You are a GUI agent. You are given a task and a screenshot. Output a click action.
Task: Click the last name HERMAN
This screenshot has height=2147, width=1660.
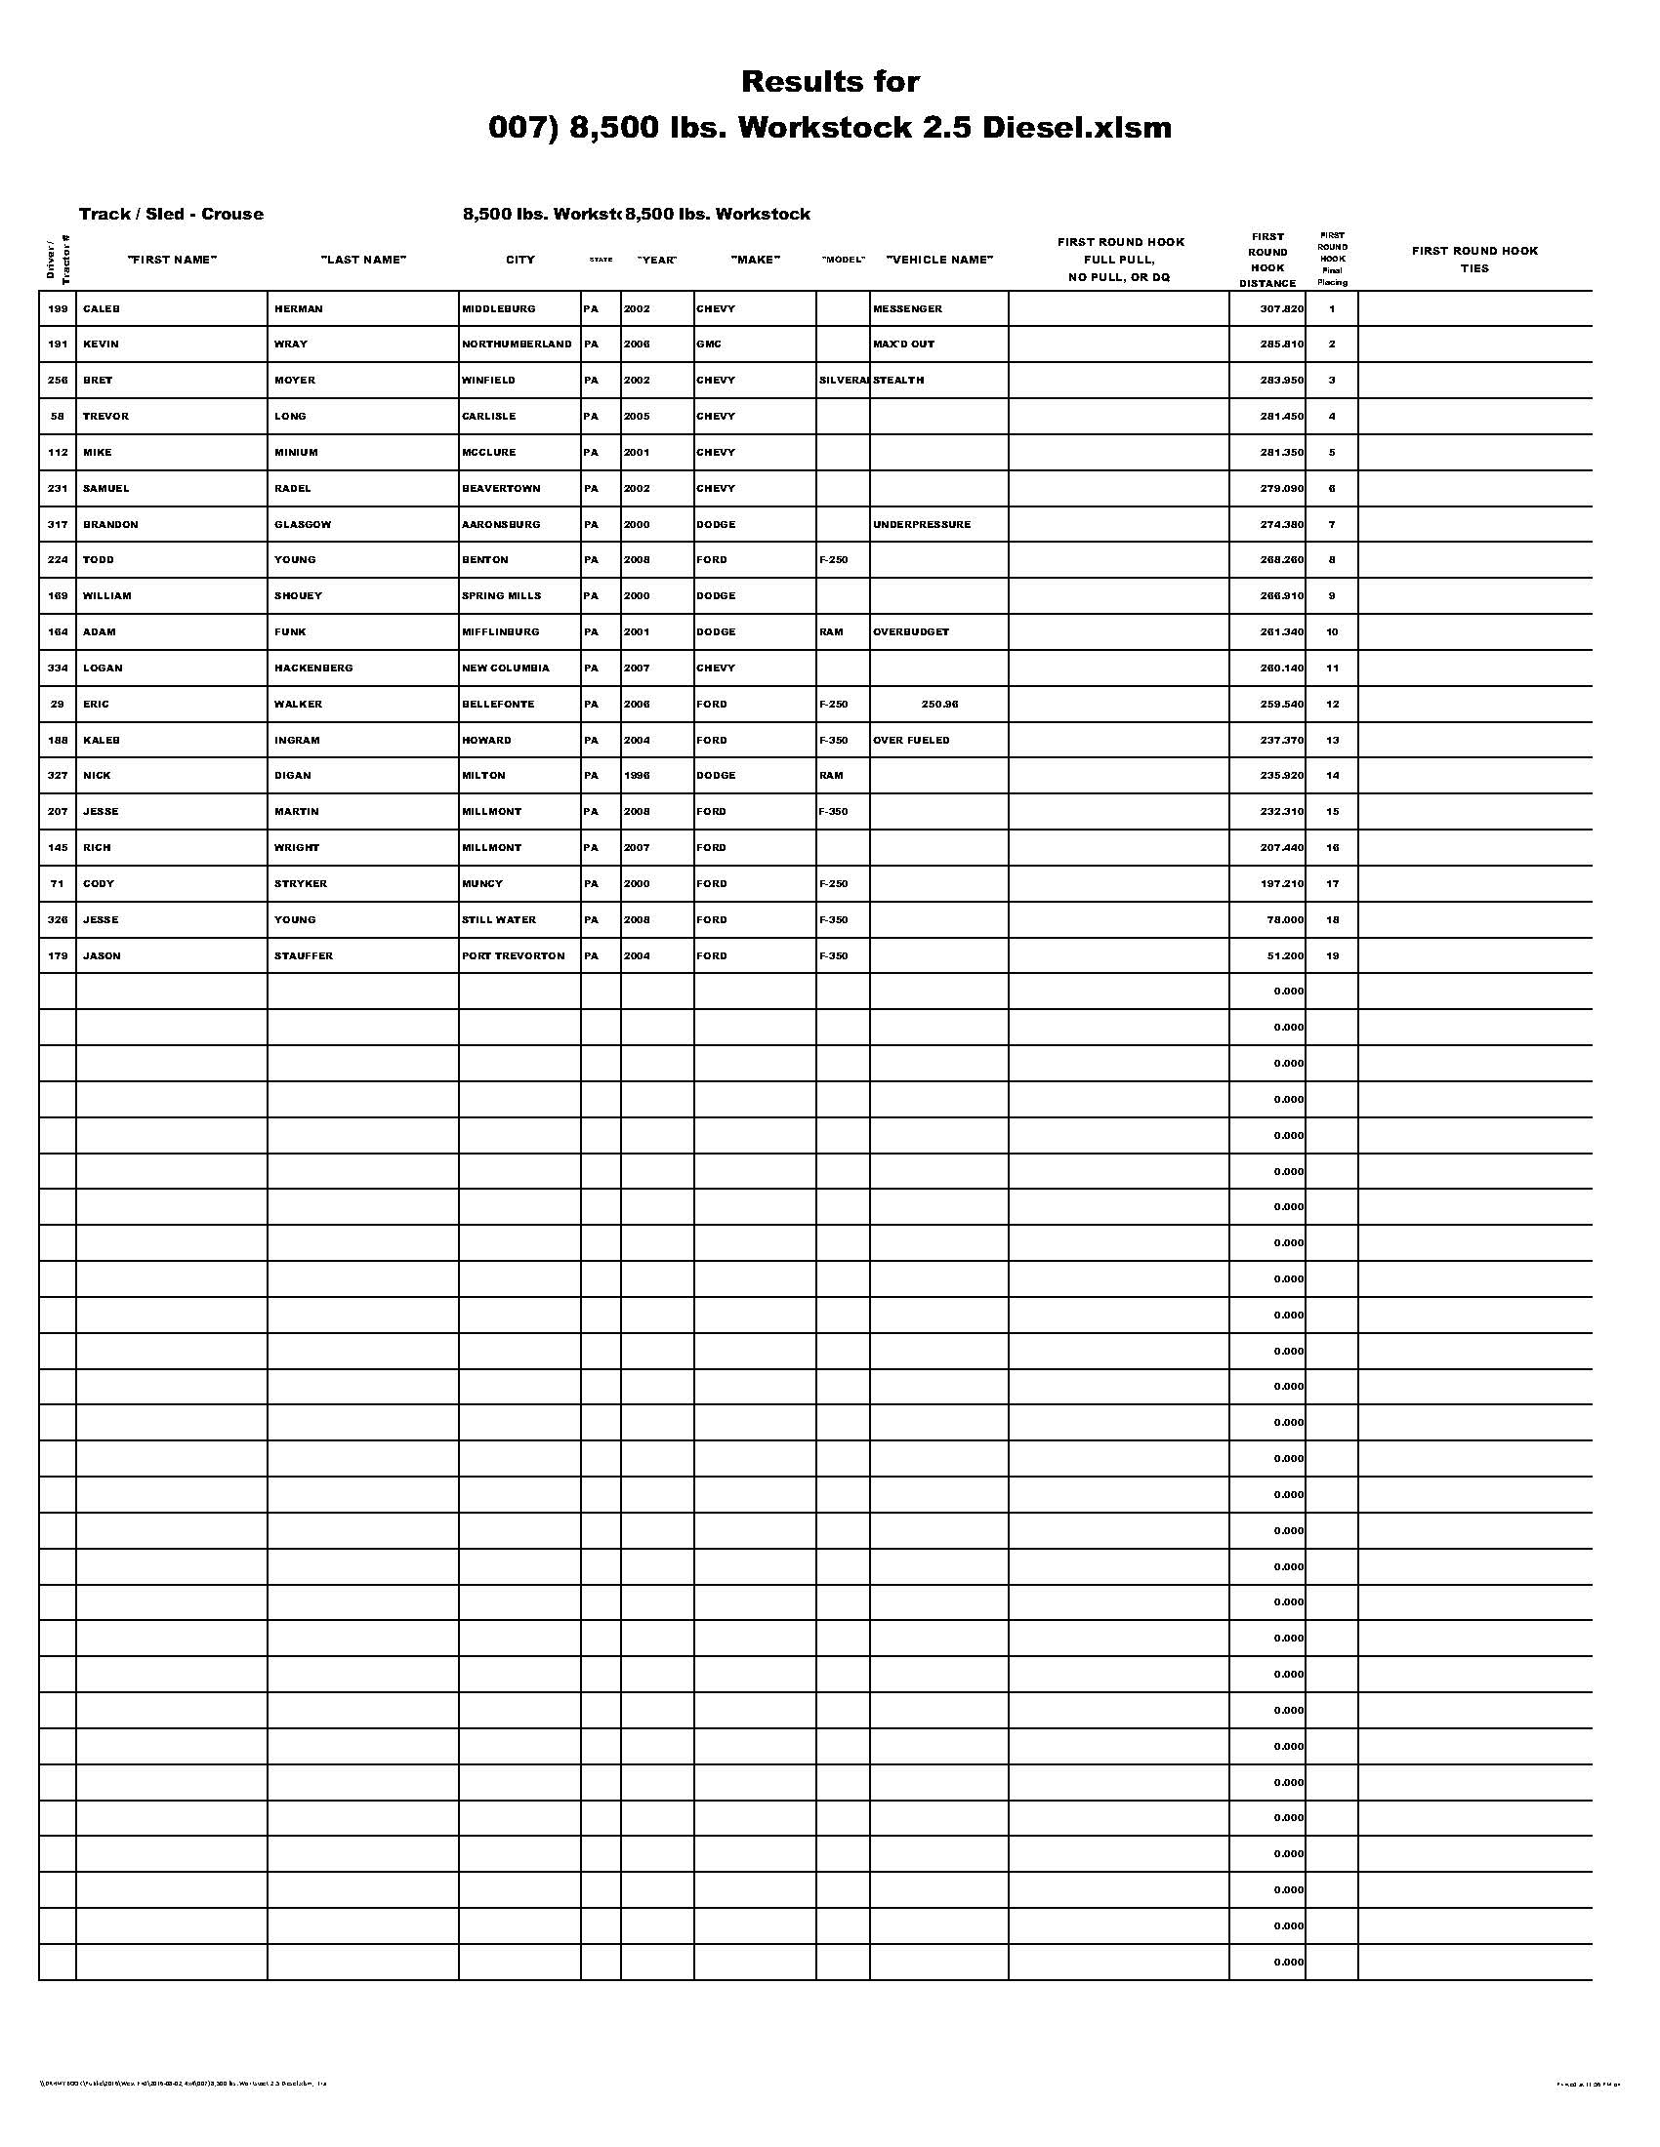(298, 308)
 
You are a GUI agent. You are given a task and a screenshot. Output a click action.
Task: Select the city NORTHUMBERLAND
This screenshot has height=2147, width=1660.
(517, 344)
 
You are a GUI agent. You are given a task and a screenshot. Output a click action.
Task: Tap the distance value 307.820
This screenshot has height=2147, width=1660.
(1281, 308)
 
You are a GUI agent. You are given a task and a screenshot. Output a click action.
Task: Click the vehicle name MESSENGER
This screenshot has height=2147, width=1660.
(907, 308)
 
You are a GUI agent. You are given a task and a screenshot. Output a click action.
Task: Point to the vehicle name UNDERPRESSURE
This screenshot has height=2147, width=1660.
(922, 524)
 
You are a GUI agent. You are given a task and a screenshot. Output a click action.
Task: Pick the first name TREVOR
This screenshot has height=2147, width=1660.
(105, 416)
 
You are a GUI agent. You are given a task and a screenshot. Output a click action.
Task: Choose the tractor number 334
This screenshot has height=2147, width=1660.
(58, 668)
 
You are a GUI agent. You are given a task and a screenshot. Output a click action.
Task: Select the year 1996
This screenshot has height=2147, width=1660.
(637, 776)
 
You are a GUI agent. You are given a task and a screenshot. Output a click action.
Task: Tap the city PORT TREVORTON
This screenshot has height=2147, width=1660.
(514, 955)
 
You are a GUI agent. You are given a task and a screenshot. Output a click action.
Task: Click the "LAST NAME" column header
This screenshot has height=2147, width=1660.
(363, 260)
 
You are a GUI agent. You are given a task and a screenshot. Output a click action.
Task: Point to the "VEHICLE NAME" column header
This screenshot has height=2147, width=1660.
(939, 260)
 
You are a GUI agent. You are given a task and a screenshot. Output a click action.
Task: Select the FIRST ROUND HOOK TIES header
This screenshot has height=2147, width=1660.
(1474, 260)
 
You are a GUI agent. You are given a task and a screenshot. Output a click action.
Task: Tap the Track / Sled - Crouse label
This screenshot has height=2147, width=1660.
(171, 215)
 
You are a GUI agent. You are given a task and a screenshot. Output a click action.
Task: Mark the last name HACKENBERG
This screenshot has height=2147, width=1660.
(312, 668)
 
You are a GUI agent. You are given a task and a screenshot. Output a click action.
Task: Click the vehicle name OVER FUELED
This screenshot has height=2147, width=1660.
(911, 740)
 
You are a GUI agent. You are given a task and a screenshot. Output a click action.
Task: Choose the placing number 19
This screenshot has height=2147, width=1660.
(1332, 955)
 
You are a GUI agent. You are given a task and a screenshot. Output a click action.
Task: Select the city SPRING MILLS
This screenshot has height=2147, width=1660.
(501, 595)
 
